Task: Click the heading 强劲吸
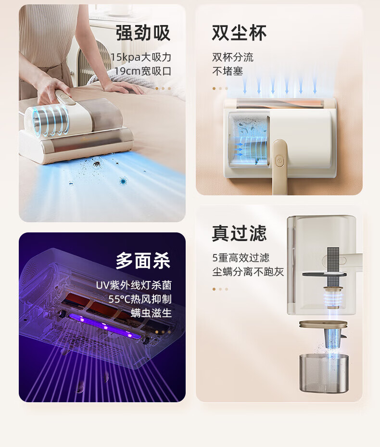point(143,33)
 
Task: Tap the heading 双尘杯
point(239,33)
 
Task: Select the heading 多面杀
point(143,261)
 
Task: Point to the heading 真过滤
point(239,233)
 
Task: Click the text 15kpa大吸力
point(141,57)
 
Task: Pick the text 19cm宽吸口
point(143,71)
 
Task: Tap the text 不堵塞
point(228,71)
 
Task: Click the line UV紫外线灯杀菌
point(134,285)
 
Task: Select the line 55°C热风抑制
point(140,299)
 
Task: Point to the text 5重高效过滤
point(241,258)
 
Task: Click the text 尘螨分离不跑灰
point(248,272)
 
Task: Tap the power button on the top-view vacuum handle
point(279,161)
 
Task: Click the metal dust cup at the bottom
point(324,373)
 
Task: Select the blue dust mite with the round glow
point(123,180)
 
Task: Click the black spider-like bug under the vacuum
point(96,164)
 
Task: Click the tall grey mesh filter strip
point(333,267)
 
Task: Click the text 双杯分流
point(233,57)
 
